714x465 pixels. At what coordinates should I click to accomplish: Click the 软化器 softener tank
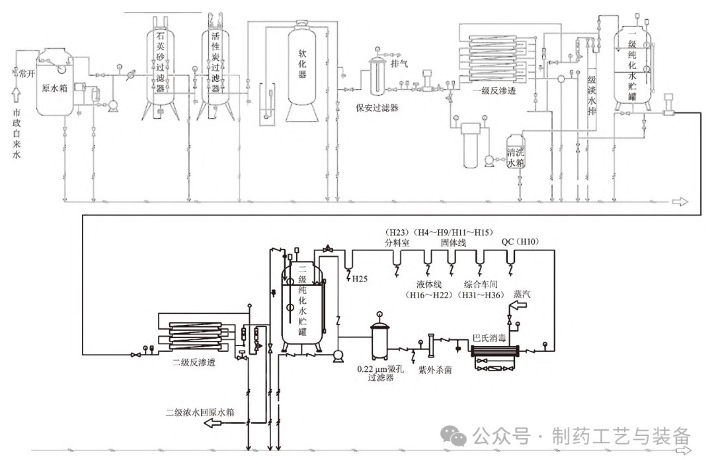303,73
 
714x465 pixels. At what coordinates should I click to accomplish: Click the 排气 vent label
399,64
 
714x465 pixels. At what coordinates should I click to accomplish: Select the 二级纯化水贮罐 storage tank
303,301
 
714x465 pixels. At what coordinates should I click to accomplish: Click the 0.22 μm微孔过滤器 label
381,374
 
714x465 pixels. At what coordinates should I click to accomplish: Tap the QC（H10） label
520,242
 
